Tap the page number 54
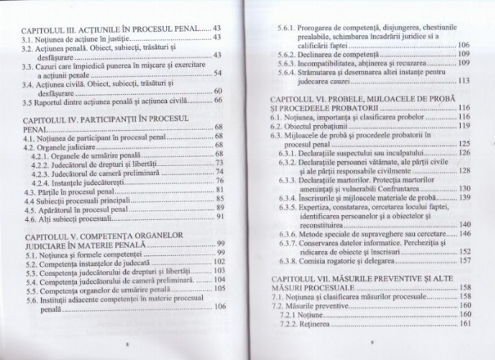[218, 73]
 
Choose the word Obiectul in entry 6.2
[308, 126]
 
